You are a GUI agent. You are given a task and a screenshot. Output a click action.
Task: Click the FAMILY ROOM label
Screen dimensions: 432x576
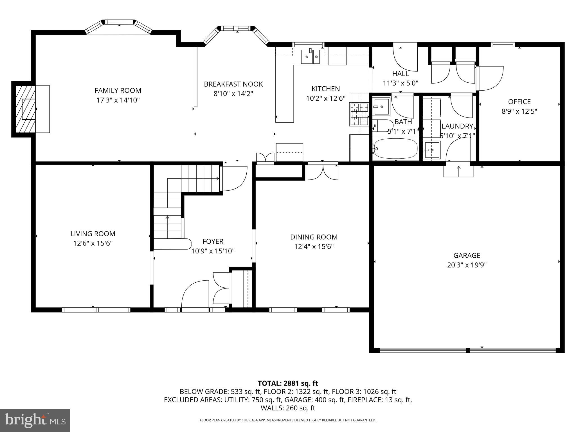click(118, 91)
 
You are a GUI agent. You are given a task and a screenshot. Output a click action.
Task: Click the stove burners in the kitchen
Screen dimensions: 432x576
click(359, 114)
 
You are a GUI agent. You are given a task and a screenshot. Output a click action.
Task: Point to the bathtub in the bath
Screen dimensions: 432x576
click(395, 148)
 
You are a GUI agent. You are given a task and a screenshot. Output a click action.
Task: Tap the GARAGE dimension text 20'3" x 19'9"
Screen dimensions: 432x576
click(467, 265)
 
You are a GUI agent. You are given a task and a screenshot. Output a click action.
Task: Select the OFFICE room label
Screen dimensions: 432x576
click(519, 102)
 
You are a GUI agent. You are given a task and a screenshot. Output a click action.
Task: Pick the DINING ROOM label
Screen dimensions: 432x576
click(314, 237)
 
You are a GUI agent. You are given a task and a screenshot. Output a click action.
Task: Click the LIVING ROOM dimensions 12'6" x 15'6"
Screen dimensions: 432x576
click(93, 243)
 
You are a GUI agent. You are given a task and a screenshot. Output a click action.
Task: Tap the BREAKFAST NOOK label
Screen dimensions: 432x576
click(233, 84)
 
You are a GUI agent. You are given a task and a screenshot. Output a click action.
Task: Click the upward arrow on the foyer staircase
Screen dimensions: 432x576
click(167, 218)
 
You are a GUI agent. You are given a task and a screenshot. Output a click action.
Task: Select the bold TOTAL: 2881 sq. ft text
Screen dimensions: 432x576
click(288, 383)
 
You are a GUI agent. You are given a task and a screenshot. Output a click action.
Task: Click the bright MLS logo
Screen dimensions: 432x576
click(35, 420)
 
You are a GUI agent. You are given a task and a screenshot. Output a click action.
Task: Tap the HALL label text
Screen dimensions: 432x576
click(400, 74)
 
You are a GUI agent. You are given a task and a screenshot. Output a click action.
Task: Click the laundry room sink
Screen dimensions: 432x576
click(432, 150)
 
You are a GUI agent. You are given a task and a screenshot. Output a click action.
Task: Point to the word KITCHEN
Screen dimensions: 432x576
click(325, 89)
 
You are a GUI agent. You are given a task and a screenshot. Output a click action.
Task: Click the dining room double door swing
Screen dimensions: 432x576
click(323, 172)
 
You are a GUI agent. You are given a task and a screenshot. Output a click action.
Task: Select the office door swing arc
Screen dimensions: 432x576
click(490, 78)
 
